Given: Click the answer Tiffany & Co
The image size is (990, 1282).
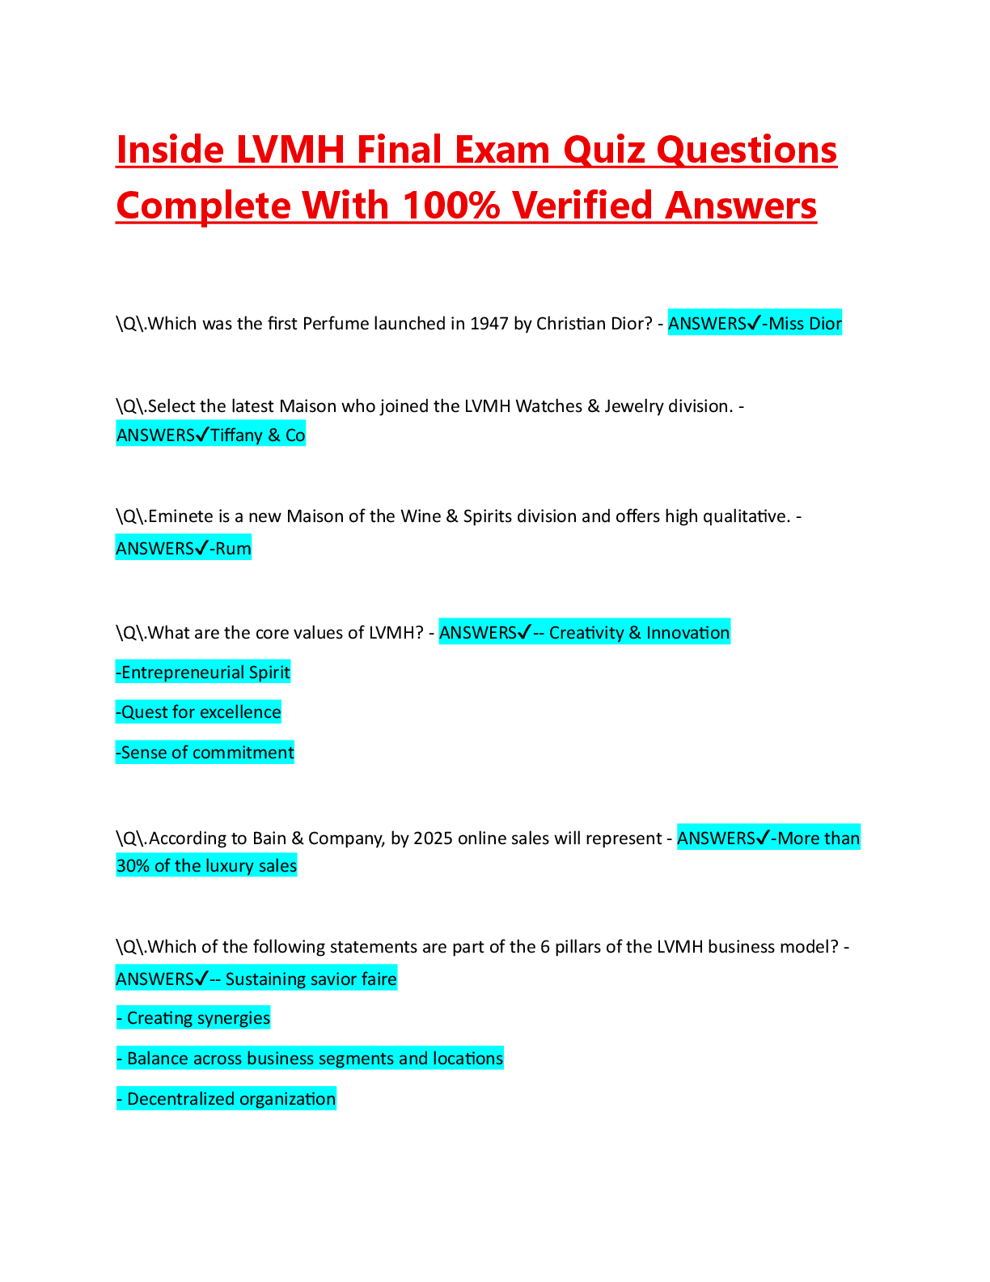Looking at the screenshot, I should (x=257, y=435).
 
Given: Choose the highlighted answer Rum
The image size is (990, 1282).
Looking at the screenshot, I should (x=233, y=549).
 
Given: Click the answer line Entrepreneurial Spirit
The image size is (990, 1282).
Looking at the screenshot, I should (x=203, y=673).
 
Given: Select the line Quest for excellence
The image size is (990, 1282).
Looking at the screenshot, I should (x=199, y=712).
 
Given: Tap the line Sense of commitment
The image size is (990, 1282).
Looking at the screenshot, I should (x=205, y=753).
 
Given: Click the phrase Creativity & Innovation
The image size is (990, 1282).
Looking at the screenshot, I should (x=639, y=633).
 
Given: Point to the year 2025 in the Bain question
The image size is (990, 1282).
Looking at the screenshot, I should (x=433, y=838).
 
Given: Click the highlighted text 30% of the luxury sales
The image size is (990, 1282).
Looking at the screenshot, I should (x=207, y=866).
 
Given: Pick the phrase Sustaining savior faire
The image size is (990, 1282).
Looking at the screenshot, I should (x=311, y=979).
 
